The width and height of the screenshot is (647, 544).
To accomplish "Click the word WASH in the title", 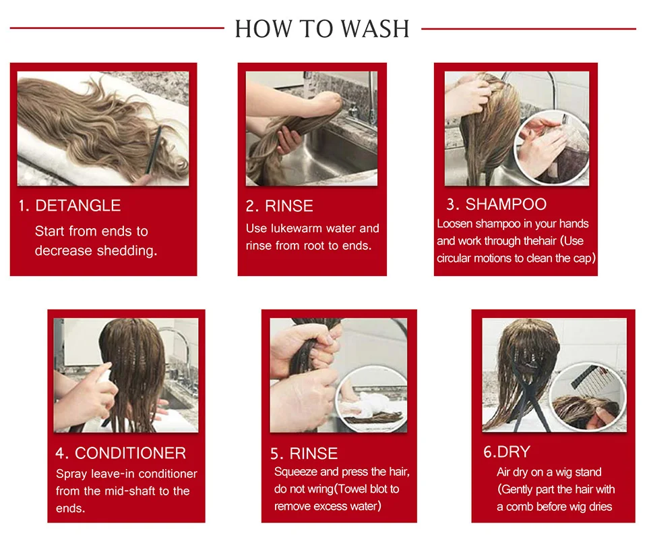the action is (x=375, y=28).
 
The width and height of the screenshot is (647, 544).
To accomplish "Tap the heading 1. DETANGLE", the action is (x=69, y=205).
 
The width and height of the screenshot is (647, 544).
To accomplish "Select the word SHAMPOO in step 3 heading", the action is (x=506, y=205).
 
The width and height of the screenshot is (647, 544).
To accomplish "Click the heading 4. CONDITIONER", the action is (x=121, y=453).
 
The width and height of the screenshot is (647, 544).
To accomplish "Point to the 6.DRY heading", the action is (x=507, y=452).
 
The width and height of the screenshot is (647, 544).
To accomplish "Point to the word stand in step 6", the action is (x=587, y=472).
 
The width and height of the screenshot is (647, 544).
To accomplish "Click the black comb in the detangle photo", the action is (x=154, y=151).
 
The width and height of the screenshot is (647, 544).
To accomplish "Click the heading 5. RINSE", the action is (x=304, y=454).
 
